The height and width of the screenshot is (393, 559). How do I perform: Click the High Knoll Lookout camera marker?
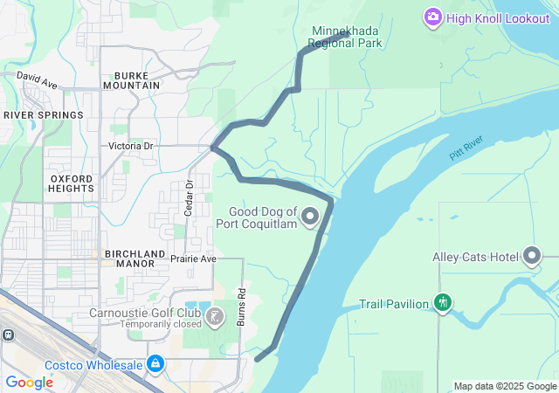pos(432,17)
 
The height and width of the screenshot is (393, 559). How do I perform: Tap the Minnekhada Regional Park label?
pos(347,37)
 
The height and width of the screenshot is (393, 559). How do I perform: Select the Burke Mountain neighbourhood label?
pos(132,79)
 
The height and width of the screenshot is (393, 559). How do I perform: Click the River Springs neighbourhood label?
pos(43,114)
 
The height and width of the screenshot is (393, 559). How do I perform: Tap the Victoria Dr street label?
pos(131,146)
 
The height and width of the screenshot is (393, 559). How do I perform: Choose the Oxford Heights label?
pos(71,183)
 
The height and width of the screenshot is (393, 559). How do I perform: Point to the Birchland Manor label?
pos(135,259)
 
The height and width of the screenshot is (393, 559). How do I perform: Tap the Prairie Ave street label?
pos(193,259)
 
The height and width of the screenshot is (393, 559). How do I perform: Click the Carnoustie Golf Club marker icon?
pos(216,314)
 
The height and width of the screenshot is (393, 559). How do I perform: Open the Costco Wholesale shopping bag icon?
pos(155,362)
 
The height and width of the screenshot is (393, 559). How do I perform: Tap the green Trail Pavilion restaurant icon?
pos(443,303)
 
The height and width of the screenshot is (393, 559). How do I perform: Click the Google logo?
pos(29,383)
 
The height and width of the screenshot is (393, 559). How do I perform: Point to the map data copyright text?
pos(505,386)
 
